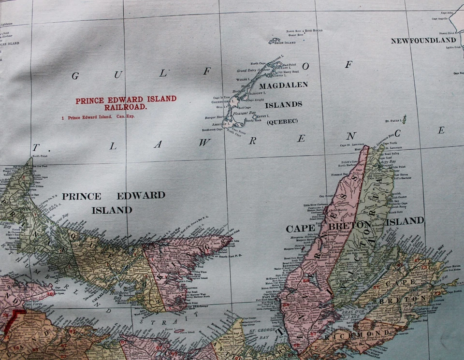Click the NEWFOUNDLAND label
pos(423,41)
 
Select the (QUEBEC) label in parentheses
pos(282,121)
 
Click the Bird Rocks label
pos(315,30)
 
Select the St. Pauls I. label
pos(393,121)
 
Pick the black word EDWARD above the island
pos(141,196)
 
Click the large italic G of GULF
pos(75,75)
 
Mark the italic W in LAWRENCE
pos(205,143)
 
